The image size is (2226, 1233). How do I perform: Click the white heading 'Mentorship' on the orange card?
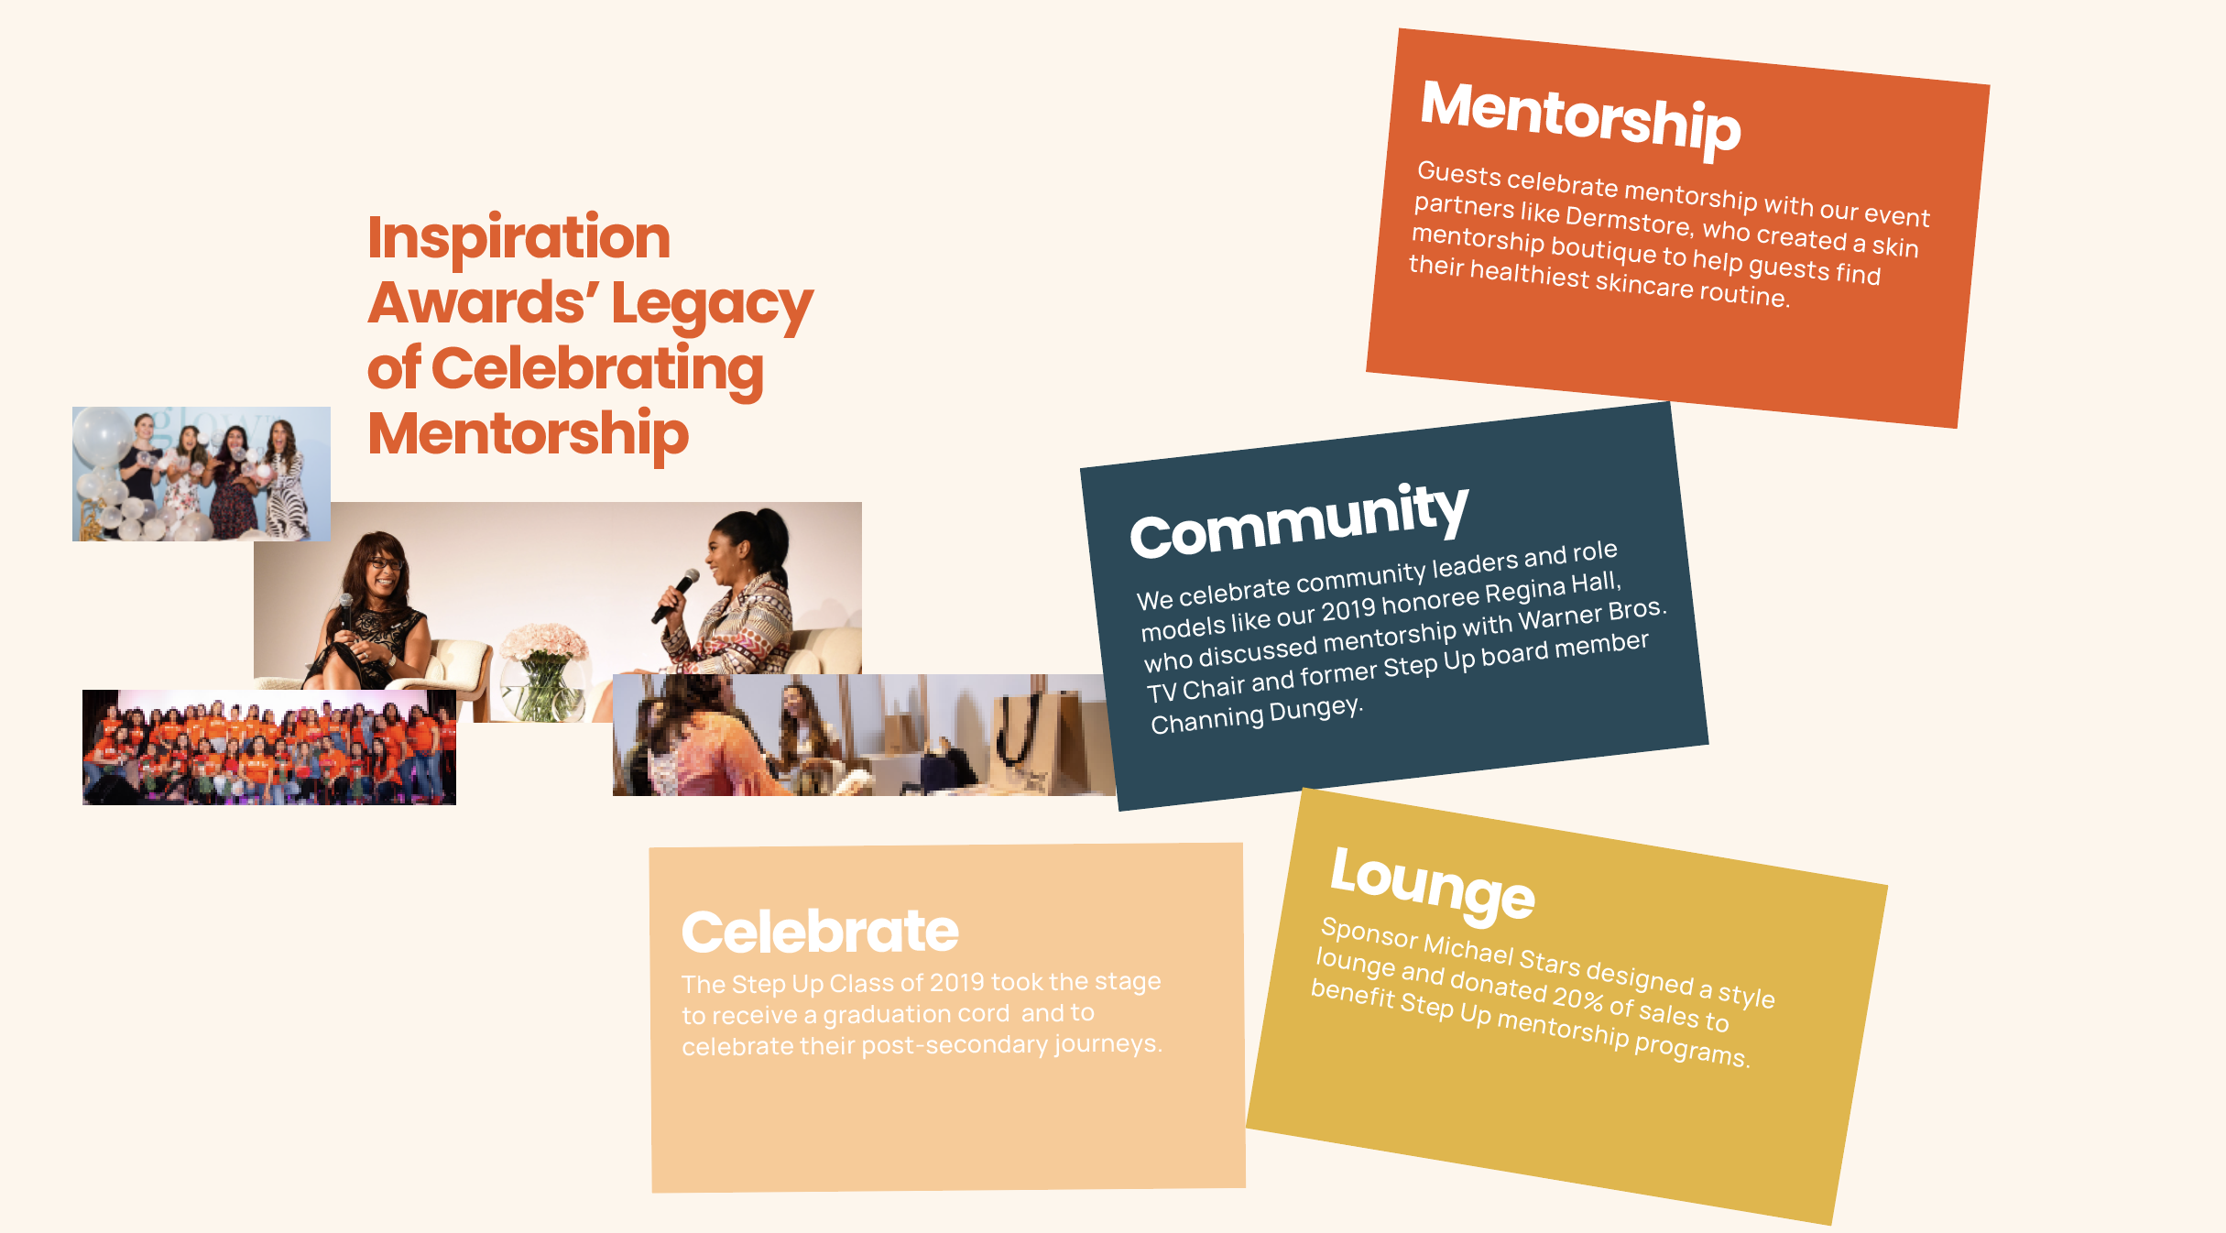(1580, 118)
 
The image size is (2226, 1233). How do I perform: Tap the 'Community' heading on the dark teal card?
(1300, 519)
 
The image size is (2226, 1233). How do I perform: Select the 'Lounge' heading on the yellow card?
(1433, 883)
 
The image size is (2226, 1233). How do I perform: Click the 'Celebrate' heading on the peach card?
(820, 932)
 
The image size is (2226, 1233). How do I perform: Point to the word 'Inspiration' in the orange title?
(519, 237)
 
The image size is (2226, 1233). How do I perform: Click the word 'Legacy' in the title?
(712, 304)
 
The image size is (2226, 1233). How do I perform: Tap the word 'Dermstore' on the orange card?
(1629, 220)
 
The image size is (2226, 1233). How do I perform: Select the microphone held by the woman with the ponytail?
(675, 595)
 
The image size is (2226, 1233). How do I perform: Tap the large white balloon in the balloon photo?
(103, 437)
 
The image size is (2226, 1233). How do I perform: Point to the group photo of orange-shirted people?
(269, 747)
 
